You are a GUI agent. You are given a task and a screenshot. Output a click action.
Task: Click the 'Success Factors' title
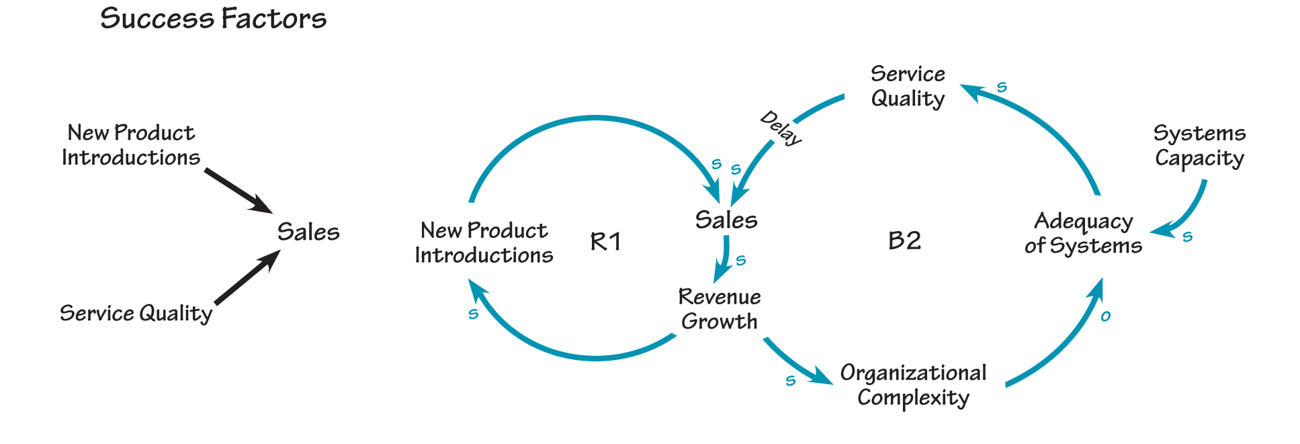213,18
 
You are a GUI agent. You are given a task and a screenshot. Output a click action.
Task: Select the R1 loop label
605,241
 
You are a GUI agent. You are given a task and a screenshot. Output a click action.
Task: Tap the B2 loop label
904,240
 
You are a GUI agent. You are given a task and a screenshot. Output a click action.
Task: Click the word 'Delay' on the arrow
781,128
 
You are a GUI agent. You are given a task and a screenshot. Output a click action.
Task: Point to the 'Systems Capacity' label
1199,146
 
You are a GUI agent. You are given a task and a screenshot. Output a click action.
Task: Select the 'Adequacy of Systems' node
1083,233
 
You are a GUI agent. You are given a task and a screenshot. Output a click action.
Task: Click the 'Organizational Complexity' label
913,385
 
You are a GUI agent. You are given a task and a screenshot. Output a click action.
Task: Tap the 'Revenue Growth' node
720,309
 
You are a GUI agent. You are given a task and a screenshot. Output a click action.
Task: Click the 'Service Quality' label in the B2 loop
908,86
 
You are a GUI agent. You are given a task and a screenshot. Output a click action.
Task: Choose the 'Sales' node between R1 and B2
726,220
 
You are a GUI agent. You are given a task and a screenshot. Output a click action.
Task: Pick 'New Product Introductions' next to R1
484,242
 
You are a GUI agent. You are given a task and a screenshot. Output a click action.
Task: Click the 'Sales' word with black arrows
308,232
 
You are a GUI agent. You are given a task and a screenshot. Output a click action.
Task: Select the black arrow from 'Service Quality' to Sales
246,278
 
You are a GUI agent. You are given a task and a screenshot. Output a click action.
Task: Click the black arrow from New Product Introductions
236,190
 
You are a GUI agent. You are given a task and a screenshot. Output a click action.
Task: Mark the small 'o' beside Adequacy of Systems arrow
1105,316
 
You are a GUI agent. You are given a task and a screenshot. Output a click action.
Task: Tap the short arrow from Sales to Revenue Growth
724,259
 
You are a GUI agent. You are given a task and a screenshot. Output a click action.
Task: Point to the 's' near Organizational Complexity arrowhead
791,381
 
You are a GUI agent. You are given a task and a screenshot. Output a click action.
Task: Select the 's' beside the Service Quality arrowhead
1002,87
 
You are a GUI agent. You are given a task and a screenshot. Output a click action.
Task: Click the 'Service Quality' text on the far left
136,313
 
